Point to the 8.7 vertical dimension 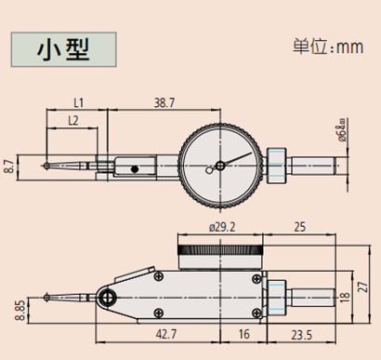(10, 167)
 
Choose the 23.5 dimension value (300, 334)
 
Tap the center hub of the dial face (219, 167)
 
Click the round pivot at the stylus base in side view (108, 298)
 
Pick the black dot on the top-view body (136, 169)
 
